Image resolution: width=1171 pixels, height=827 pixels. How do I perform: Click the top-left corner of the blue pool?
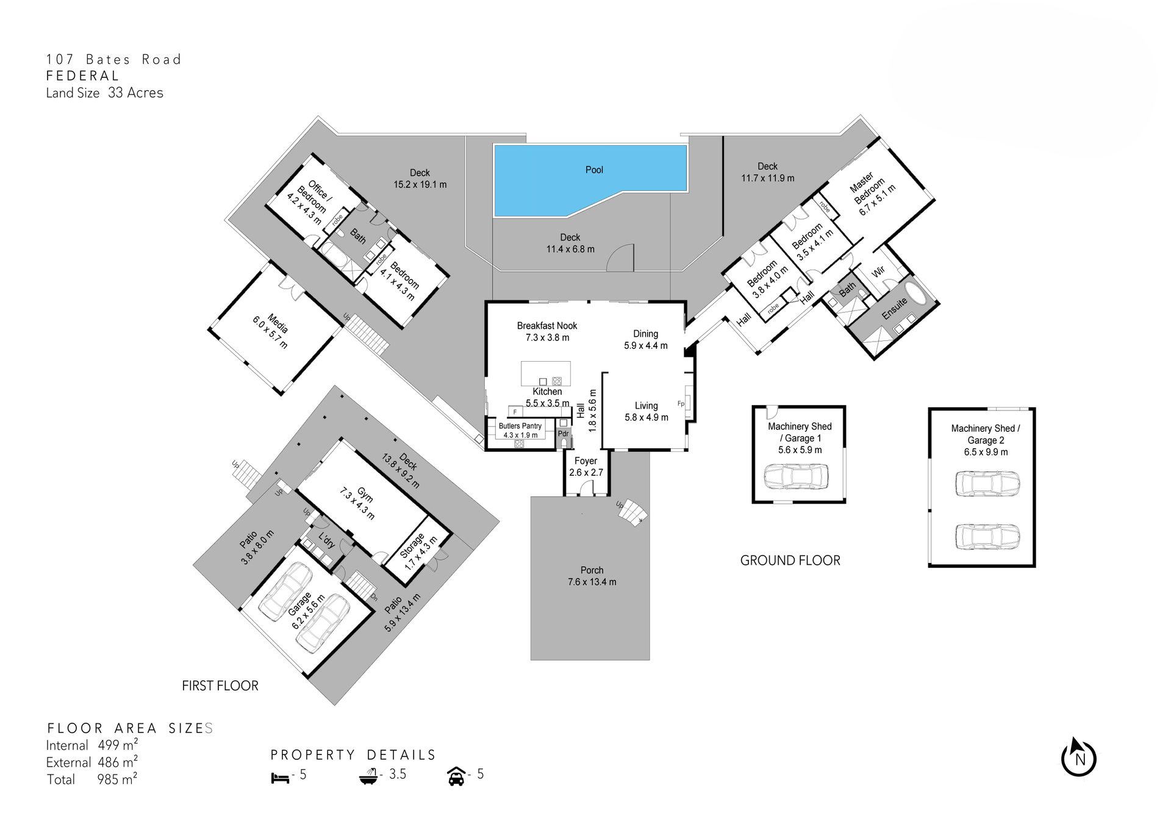(x=494, y=145)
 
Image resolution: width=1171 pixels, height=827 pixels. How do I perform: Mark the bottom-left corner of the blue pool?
(x=494, y=217)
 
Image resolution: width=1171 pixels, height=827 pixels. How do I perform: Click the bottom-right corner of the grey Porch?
(x=650, y=660)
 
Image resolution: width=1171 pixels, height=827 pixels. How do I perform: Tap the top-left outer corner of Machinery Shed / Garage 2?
(x=929, y=408)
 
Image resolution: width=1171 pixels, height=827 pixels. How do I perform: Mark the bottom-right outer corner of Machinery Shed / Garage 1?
(x=846, y=503)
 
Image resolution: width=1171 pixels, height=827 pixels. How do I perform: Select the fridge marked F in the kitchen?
(x=515, y=412)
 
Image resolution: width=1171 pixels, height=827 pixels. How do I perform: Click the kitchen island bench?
(x=546, y=373)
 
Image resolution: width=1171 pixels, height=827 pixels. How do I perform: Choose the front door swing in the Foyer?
(x=586, y=487)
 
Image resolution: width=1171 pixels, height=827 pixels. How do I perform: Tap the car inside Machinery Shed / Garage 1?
(x=797, y=476)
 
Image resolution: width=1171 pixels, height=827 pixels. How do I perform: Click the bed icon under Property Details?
(x=280, y=778)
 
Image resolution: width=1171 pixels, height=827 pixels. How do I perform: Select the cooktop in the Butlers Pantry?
(x=519, y=444)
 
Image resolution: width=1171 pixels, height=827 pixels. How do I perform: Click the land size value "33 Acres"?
(x=135, y=93)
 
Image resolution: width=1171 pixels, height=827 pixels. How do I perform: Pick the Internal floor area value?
(x=118, y=745)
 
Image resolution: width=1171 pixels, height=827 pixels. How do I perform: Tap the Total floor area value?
(x=117, y=779)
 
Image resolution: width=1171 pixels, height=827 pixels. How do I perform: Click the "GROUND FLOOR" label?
(x=790, y=560)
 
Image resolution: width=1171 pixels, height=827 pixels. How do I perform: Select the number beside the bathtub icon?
(x=398, y=774)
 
